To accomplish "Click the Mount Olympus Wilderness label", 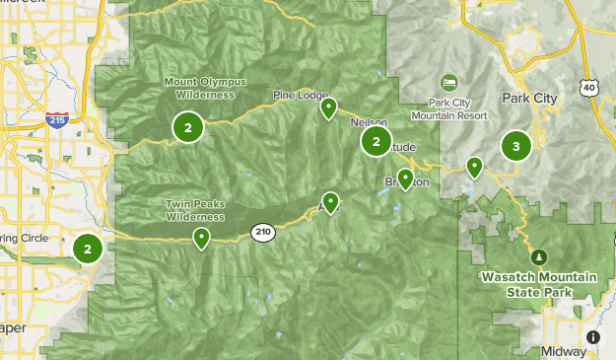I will pos(205,88).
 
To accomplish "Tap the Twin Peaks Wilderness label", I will pos(195,210).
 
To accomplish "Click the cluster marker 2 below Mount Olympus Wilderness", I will pos(187,126).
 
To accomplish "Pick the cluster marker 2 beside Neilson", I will pos(376,142).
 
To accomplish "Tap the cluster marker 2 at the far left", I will pos(88,249).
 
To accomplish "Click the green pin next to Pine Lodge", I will pos(328,108).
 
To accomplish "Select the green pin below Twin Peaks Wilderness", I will pos(202,238).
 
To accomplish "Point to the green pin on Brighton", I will pos(405,179).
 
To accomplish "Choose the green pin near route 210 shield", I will pos(331,203).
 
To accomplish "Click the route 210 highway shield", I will pos(262,232).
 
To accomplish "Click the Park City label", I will pos(529,98).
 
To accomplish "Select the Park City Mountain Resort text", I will pos(463,108).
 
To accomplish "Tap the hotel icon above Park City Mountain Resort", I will pos(449,81).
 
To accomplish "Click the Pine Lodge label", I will pos(300,95).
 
